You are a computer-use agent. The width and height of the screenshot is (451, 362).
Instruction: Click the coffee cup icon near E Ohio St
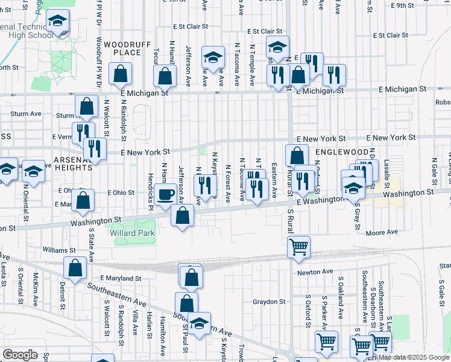pyautogui.click(x=166, y=195)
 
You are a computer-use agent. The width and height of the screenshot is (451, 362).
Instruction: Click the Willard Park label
pyautogui.click(x=132, y=233)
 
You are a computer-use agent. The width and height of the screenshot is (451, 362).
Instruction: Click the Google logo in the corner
pyautogui.click(x=20, y=355)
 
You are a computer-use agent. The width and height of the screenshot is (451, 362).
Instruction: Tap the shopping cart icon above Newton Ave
pyautogui.click(x=299, y=246)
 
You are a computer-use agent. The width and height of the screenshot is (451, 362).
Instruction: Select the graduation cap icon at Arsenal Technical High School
pyautogui.click(x=57, y=21)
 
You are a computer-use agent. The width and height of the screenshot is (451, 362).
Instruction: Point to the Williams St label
pyautogui.click(x=59, y=250)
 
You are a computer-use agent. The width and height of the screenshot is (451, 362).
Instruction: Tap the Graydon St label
pyautogui.click(x=268, y=301)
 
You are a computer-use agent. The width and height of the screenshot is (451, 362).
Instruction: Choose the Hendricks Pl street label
pyautogui.click(x=151, y=189)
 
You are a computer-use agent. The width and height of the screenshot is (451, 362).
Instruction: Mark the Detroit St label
pyautogui.click(x=62, y=296)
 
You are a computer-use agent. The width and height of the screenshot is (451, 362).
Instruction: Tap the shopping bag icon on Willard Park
pyautogui.click(x=182, y=215)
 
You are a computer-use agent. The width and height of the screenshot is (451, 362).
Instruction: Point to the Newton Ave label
pyautogui.click(x=315, y=272)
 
